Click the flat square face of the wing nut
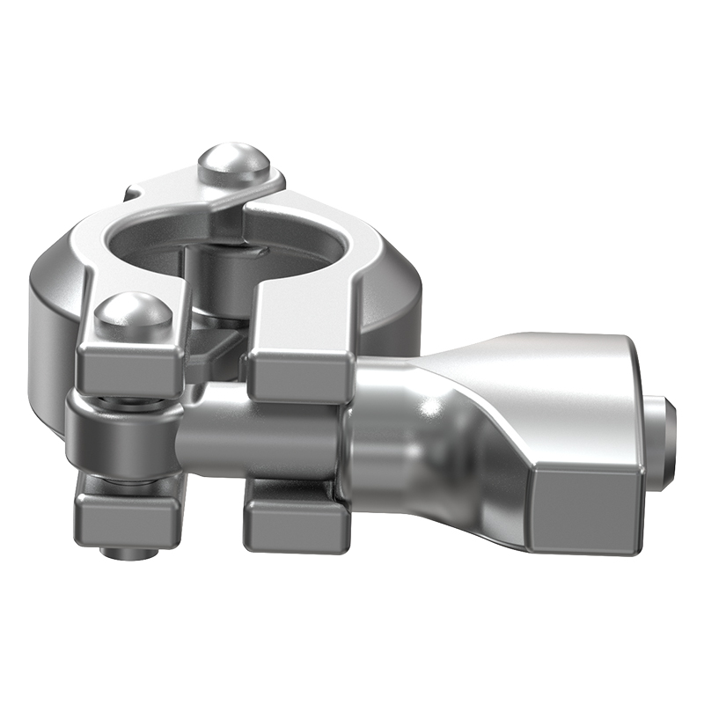585,506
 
